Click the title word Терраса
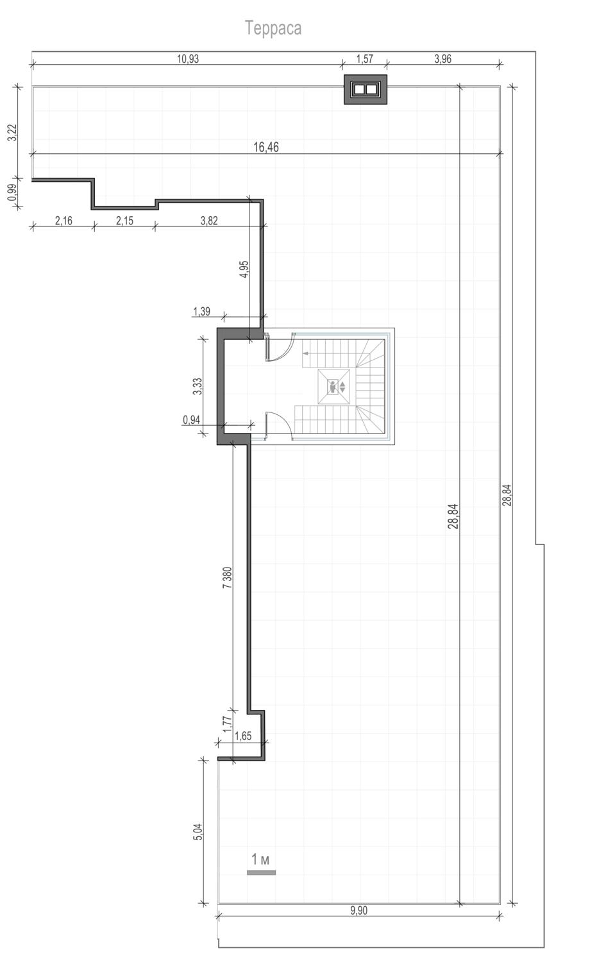(273, 28)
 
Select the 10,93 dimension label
(188, 59)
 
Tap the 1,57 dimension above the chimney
(364, 59)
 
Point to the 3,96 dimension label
(442, 59)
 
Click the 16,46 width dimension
(265, 147)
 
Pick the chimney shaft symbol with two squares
(366, 89)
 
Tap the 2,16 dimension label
(63, 221)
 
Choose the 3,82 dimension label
(209, 221)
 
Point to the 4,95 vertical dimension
(244, 269)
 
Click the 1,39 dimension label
(201, 311)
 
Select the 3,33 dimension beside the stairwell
(197, 387)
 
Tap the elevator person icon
(333, 387)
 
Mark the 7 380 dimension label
(227, 578)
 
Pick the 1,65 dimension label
(243, 736)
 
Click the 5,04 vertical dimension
(197, 832)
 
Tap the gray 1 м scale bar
(261, 872)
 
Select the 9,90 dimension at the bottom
(358, 911)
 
